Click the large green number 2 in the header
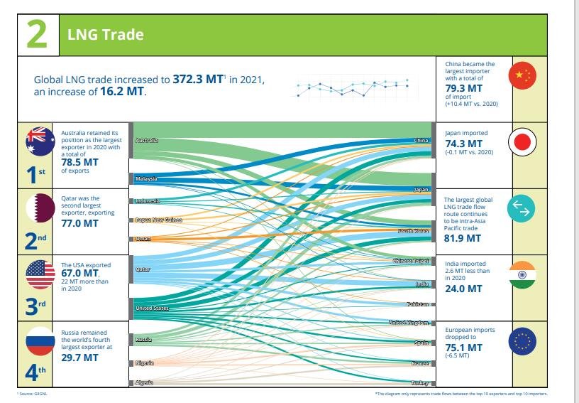click(x=37, y=35)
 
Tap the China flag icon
click(x=523, y=76)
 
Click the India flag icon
click(x=523, y=275)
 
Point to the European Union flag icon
click(x=523, y=342)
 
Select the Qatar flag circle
click(x=40, y=208)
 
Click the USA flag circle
click(x=40, y=274)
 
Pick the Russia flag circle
click(x=40, y=341)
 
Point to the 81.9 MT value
click(x=463, y=238)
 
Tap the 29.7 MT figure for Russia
click(x=79, y=358)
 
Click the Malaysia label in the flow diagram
click(x=146, y=178)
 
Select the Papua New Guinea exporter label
click(x=158, y=220)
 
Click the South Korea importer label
click(x=413, y=232)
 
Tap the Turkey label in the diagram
click(x=419, y=383)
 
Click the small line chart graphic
click(x=352, y=88)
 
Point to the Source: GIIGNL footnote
click(x=32, y=393)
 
